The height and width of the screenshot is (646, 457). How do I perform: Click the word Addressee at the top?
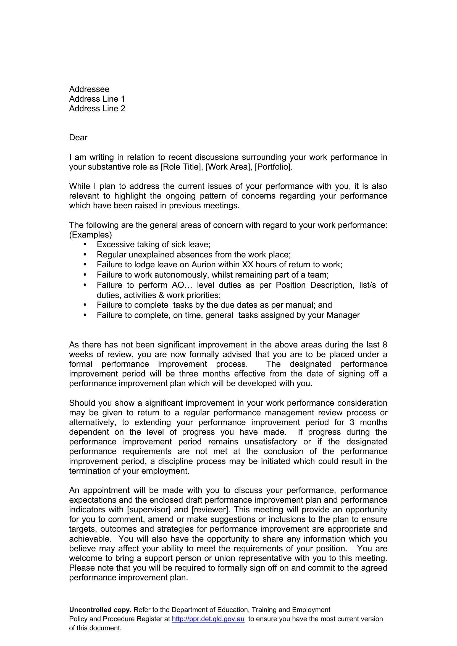tap(89, 89)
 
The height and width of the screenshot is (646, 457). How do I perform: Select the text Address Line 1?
tap(97, 99)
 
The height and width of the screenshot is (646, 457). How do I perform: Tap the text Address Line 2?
tap(97, 109)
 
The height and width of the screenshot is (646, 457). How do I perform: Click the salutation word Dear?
tap(78, 138)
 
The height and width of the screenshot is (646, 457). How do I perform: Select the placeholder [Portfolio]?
tap(274, 167)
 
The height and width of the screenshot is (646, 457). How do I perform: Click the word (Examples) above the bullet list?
tap(91, 235)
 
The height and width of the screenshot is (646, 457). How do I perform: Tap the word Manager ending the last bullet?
tap(343, 315)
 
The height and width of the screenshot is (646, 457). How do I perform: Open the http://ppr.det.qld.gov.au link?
tap(208, 619)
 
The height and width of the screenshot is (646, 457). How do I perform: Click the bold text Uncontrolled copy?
tap(100, 610)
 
